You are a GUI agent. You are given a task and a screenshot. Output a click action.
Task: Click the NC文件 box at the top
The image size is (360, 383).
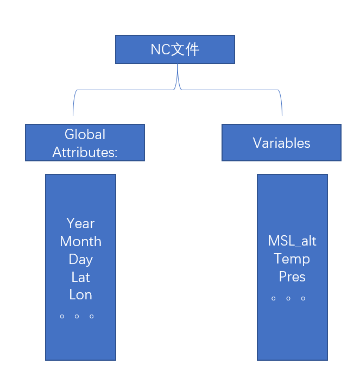click(175, 49)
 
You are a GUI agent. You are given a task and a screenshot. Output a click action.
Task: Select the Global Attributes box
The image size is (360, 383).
click(85, 142)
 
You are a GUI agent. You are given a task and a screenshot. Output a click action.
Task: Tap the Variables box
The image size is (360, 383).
click(281, 142)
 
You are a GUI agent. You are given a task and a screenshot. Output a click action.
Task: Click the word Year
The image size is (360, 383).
click(80, 223)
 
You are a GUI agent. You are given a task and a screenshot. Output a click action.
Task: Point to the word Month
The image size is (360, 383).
click(80, 241)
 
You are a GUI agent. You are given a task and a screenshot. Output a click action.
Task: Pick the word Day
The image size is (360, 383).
click(80, 259)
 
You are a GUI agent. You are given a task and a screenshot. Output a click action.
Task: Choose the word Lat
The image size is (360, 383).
click(80, 277)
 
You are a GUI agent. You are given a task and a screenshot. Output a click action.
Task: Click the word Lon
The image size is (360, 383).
click(80, 295)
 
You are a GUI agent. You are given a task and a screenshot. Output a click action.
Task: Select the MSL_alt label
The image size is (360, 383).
click(292, 241)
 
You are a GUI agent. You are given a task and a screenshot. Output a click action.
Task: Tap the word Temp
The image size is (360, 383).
click(292, 259)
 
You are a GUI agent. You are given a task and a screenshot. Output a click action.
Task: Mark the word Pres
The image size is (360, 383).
click(292, 277)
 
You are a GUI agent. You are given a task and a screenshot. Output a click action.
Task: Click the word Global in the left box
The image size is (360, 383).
click(85, 134)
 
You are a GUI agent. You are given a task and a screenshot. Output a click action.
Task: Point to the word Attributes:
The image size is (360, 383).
click(85, 152)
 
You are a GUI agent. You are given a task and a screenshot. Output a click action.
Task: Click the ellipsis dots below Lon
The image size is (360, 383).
click(77, 316)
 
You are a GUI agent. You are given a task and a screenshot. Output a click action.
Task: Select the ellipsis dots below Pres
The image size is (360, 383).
click(288, 298)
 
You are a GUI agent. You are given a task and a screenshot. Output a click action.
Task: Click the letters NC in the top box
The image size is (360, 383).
click(161, 49)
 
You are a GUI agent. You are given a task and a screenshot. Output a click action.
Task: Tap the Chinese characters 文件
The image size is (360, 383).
click(186, 49)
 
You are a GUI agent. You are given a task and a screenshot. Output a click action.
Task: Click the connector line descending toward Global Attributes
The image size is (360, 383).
click(73, 103)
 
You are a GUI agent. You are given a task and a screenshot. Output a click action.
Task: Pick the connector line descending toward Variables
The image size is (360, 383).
click(282, 103)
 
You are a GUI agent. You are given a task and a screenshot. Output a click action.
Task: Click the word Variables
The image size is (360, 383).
click(281, 143)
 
